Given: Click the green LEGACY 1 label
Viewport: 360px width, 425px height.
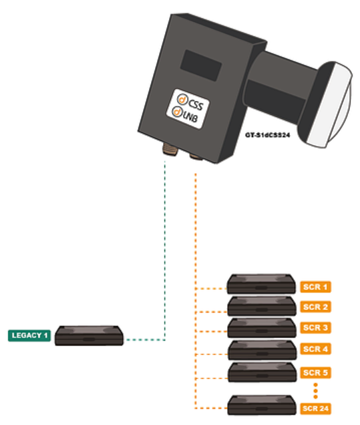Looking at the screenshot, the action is (x=29, y=335).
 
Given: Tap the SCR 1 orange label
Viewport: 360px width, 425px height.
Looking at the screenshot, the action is (x=315, y=287).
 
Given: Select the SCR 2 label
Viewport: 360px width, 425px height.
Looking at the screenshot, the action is (x=315, y=307).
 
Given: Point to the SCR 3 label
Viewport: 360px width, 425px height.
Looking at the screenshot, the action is (x=315, y=327).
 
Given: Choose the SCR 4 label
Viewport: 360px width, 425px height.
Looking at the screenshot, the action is (x=315, y=349).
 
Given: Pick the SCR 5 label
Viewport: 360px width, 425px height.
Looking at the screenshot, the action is (x=315, y=373).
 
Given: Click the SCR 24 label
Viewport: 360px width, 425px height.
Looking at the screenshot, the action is (x=315, y=408).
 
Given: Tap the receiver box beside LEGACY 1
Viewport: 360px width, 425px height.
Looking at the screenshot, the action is (x=89, y=335).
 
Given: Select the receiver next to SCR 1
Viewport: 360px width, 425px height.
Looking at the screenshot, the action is (x=261, y=284).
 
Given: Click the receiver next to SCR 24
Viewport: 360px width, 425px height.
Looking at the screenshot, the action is (x=262, y=405).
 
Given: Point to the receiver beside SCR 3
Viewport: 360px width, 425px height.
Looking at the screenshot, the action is (x=262, y=328).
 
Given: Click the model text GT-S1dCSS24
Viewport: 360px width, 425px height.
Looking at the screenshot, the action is (x=268, y=135).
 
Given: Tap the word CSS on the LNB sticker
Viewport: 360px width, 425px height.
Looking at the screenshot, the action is (x=196, y=105).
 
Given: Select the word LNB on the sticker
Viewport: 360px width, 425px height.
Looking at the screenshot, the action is (x=190, y=117).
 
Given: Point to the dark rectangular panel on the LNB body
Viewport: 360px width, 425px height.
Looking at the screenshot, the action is (x=201, y=65).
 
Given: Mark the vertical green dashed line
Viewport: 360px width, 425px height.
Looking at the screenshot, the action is (x=165, y=251).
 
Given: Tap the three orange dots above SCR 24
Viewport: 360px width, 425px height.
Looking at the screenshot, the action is (x=315, y=391).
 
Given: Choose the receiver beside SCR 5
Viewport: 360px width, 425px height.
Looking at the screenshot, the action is (x=262, y=372).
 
